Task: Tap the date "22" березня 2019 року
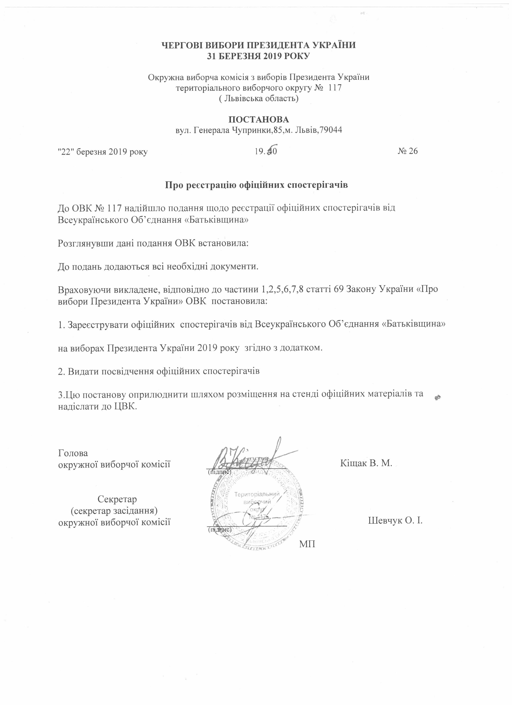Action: tap(103, 152)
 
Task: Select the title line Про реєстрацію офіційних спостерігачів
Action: tap(256, 185)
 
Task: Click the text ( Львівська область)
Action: tap(259, 99)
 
